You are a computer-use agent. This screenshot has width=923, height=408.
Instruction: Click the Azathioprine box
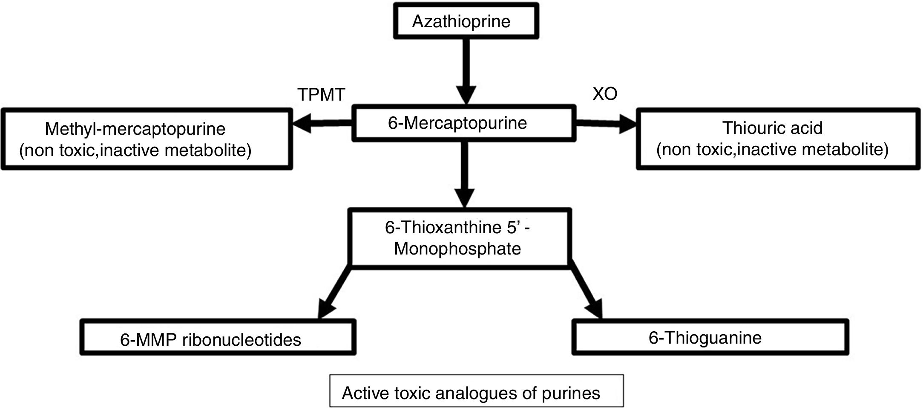pos(466,21)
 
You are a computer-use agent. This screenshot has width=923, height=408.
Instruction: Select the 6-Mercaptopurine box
pos(463,123)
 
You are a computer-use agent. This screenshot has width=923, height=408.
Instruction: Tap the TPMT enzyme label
pos(321,94)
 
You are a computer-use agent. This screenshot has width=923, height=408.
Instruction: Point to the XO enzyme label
pos(604,94)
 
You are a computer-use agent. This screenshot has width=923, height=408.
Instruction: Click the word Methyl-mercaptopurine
pos(135,129)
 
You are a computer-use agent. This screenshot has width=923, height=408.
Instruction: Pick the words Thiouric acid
pos(772,128)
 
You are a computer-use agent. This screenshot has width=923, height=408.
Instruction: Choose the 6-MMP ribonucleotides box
pos(218,337)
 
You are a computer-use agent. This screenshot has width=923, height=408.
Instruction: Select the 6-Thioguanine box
pos(710,337)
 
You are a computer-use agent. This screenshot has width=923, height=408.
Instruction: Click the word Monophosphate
pos(457,249)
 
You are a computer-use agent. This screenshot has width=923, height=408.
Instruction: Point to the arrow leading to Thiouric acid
pos(605,124)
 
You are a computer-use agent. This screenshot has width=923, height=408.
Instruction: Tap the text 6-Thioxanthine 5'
pos(451,228)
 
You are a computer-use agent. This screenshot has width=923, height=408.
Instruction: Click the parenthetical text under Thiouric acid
pos(772,149)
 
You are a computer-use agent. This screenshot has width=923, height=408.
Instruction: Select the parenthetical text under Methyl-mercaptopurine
pos(135,150)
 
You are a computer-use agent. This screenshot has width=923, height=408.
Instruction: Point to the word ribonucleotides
pos(242,340)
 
